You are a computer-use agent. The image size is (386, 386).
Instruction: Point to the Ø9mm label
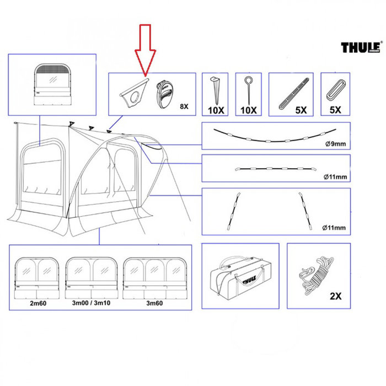335,144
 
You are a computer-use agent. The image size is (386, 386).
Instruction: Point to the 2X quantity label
335,296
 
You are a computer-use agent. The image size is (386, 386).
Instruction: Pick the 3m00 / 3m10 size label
90,303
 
